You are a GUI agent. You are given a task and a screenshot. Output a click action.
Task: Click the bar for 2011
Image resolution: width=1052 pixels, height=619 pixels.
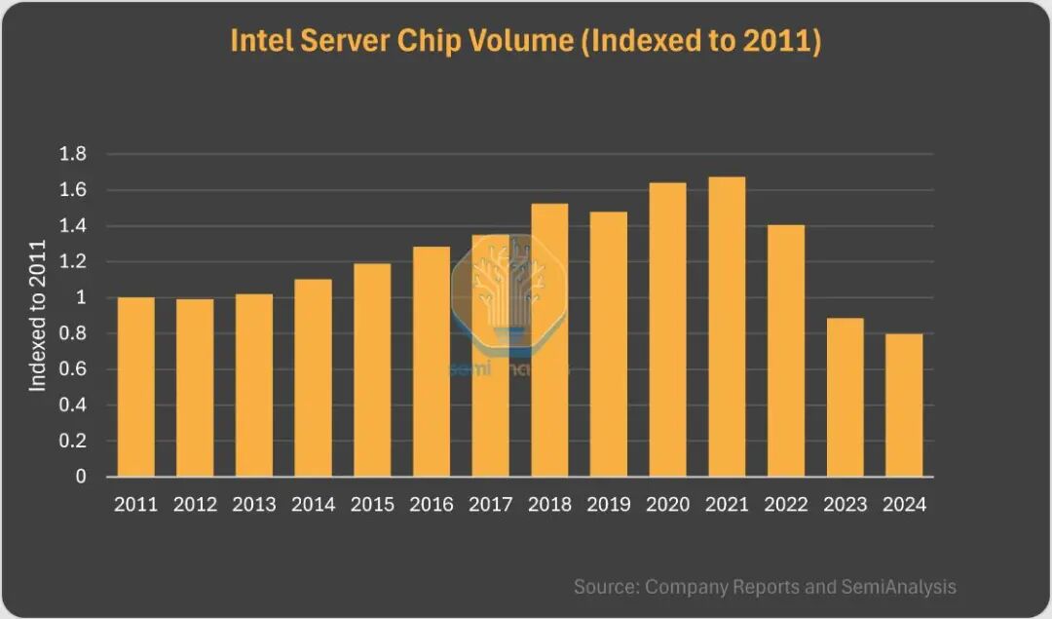[x=135, y=387]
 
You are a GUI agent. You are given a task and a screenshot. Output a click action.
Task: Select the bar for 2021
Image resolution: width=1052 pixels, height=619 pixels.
[x=727, y=327]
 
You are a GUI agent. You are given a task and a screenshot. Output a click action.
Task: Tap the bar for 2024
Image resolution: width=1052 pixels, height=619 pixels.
[x=904, y=406]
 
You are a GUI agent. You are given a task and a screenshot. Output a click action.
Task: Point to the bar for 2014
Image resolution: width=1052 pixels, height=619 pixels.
[x=313, y=378]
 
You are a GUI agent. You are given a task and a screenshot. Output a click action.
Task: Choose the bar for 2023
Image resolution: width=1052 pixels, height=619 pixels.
[x=845, y=398]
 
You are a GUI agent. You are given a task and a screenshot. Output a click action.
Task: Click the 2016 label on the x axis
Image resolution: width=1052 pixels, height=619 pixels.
[x=432, y=505]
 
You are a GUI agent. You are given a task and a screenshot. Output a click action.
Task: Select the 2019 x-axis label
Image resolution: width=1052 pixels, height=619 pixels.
[x=609, y=505]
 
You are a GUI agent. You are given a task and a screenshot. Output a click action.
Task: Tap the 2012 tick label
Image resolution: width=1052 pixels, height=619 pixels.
[x=195, y=505]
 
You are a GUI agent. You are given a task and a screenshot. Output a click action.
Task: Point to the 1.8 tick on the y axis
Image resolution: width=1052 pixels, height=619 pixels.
[x=74, y=154]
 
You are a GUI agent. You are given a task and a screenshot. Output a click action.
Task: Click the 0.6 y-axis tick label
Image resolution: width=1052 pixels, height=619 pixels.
[x=74, y=369]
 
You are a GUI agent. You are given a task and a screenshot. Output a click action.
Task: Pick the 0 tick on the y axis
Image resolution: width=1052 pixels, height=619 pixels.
[x=82, y=478]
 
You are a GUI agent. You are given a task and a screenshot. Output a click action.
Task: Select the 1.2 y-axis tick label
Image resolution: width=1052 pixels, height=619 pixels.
[x=74, y=262]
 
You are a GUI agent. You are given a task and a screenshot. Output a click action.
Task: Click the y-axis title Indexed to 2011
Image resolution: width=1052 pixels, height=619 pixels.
[x=38, y=314]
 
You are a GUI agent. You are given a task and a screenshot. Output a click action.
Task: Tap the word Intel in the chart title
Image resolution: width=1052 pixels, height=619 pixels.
[x=259, y=41]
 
